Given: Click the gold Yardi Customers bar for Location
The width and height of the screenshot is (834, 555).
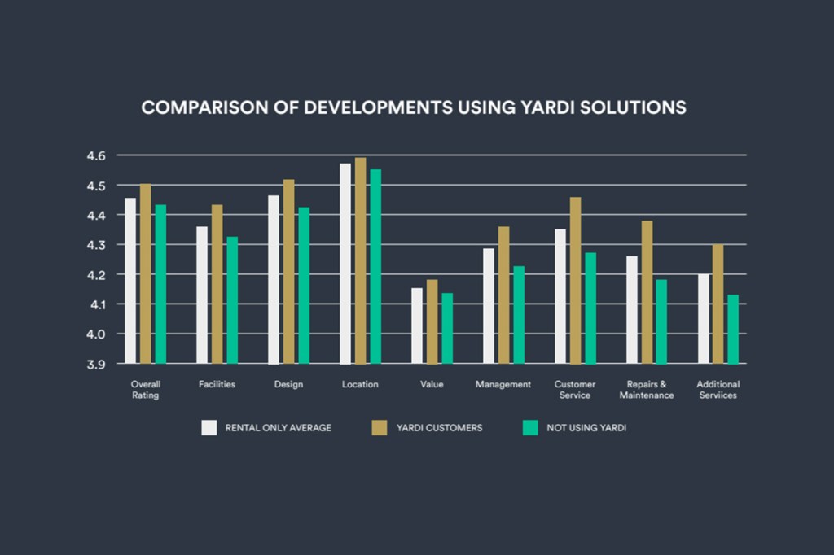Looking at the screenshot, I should click(x=361, y=260).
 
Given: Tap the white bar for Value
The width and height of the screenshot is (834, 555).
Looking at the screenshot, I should click(x=417, y=326).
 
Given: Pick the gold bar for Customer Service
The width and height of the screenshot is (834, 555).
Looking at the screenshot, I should click(x=576, y=280).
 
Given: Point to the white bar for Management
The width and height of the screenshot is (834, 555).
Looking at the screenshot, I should click(x=489, y=306).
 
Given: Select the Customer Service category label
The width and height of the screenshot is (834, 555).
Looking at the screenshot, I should click(x=575, y=389).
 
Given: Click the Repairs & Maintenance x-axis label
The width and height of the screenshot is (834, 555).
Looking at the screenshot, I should click(x=647, y=389).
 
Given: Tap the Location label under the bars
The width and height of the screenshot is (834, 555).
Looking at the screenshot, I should click(x=360, y=384).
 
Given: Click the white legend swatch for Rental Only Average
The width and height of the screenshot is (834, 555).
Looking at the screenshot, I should click(x=209, y=427).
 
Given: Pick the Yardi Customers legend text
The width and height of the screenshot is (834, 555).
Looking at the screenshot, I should click(x=439, y=427).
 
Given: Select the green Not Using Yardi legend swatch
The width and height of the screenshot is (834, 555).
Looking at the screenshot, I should click(x=531, y=427).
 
